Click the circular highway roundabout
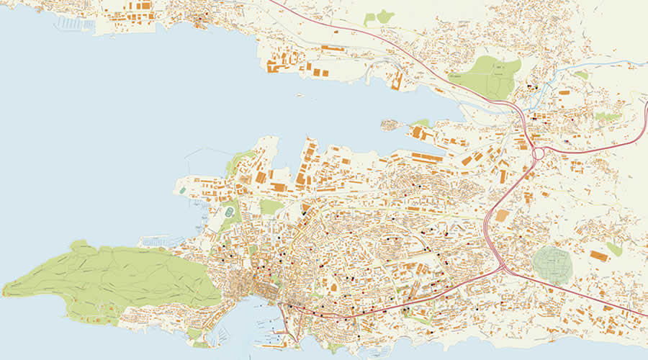coord(538,153)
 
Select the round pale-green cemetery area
coord(553,264)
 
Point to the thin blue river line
coord(576,73)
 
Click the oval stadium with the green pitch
coord(230,214)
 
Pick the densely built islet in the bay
coord(393,126)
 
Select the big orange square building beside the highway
coord(502,215)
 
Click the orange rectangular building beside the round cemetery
coord(598,256)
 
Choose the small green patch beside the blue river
coord(581,75)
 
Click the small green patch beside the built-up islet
coord(422,123)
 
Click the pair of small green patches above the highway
coord(379,17)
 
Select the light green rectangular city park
coord(271,207)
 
